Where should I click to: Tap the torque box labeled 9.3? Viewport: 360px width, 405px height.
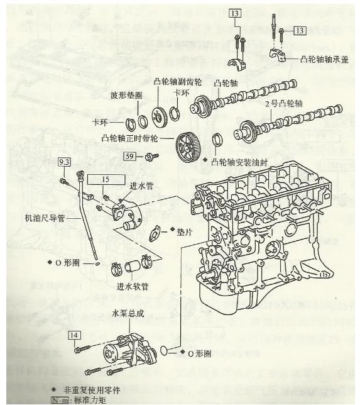64,162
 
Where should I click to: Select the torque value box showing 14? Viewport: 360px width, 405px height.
75,335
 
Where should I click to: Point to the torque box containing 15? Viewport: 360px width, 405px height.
105,179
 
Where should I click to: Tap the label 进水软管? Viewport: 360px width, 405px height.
133,286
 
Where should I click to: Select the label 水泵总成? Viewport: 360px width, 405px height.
128,312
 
